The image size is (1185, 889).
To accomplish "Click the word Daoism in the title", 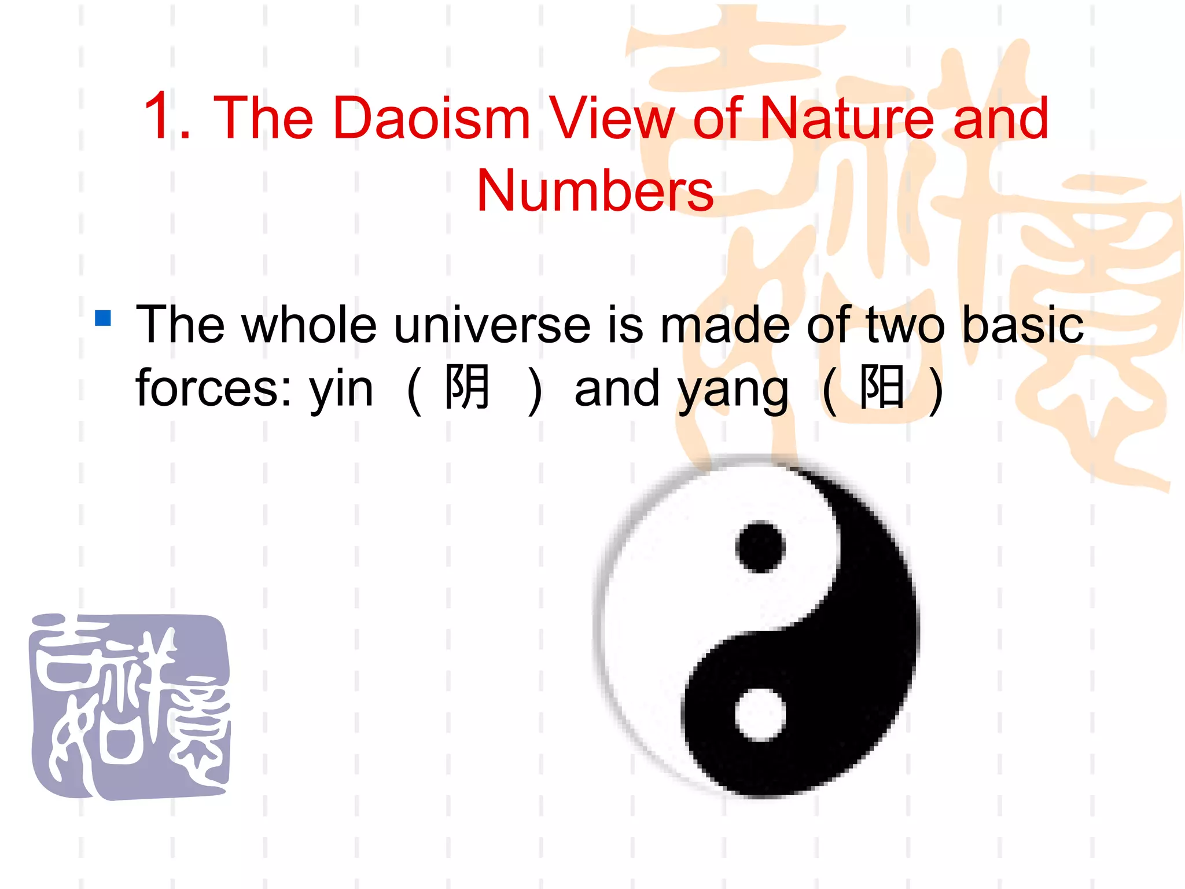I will (432, 118).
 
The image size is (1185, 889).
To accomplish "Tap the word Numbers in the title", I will (595, 190).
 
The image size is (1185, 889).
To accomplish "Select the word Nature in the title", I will (847, 118).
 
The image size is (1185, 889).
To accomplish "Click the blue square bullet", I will (103, 318).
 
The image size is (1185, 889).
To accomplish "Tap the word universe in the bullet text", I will (492, 325).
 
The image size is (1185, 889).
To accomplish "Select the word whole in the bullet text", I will (309, 325).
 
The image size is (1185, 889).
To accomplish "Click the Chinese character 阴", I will (467, 387).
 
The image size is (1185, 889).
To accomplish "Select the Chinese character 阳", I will (881, 387).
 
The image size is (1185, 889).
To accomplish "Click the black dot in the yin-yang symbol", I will (760, 547).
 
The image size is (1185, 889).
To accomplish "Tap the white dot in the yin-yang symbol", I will (760, 714).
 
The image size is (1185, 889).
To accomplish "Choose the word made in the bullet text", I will (725, 325).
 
